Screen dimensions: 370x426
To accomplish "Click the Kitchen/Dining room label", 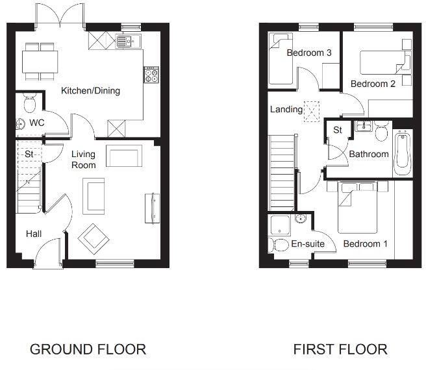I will [x=90, y=91].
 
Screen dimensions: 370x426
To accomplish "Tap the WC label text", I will [x=36, y=123].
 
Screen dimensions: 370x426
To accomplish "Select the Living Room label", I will [x=83, y=160].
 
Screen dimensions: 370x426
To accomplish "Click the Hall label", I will [x=34, y=233].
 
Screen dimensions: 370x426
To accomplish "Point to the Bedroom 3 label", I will [x=309, y=53].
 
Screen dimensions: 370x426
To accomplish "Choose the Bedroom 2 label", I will [x=372, y=84].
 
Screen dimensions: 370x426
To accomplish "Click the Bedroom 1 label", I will [x=365, y=244].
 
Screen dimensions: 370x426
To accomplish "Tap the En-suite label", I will [x=307, y=245].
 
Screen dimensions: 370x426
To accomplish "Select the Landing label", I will [x=286, y=110].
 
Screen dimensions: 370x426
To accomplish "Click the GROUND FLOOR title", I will [x=88, y=349].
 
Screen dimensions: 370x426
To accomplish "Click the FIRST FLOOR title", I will [x=340, y=349].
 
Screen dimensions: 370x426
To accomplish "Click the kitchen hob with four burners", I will [x=151, y=75].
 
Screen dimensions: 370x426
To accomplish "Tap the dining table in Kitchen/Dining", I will [x=40, y=62].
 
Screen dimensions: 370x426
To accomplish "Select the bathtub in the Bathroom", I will [x=402, y=153].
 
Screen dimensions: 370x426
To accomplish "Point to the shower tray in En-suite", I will [x=281, y=225].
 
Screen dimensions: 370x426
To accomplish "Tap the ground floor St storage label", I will [x=29, y=154].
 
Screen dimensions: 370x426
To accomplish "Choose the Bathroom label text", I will [x=369, y=154].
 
